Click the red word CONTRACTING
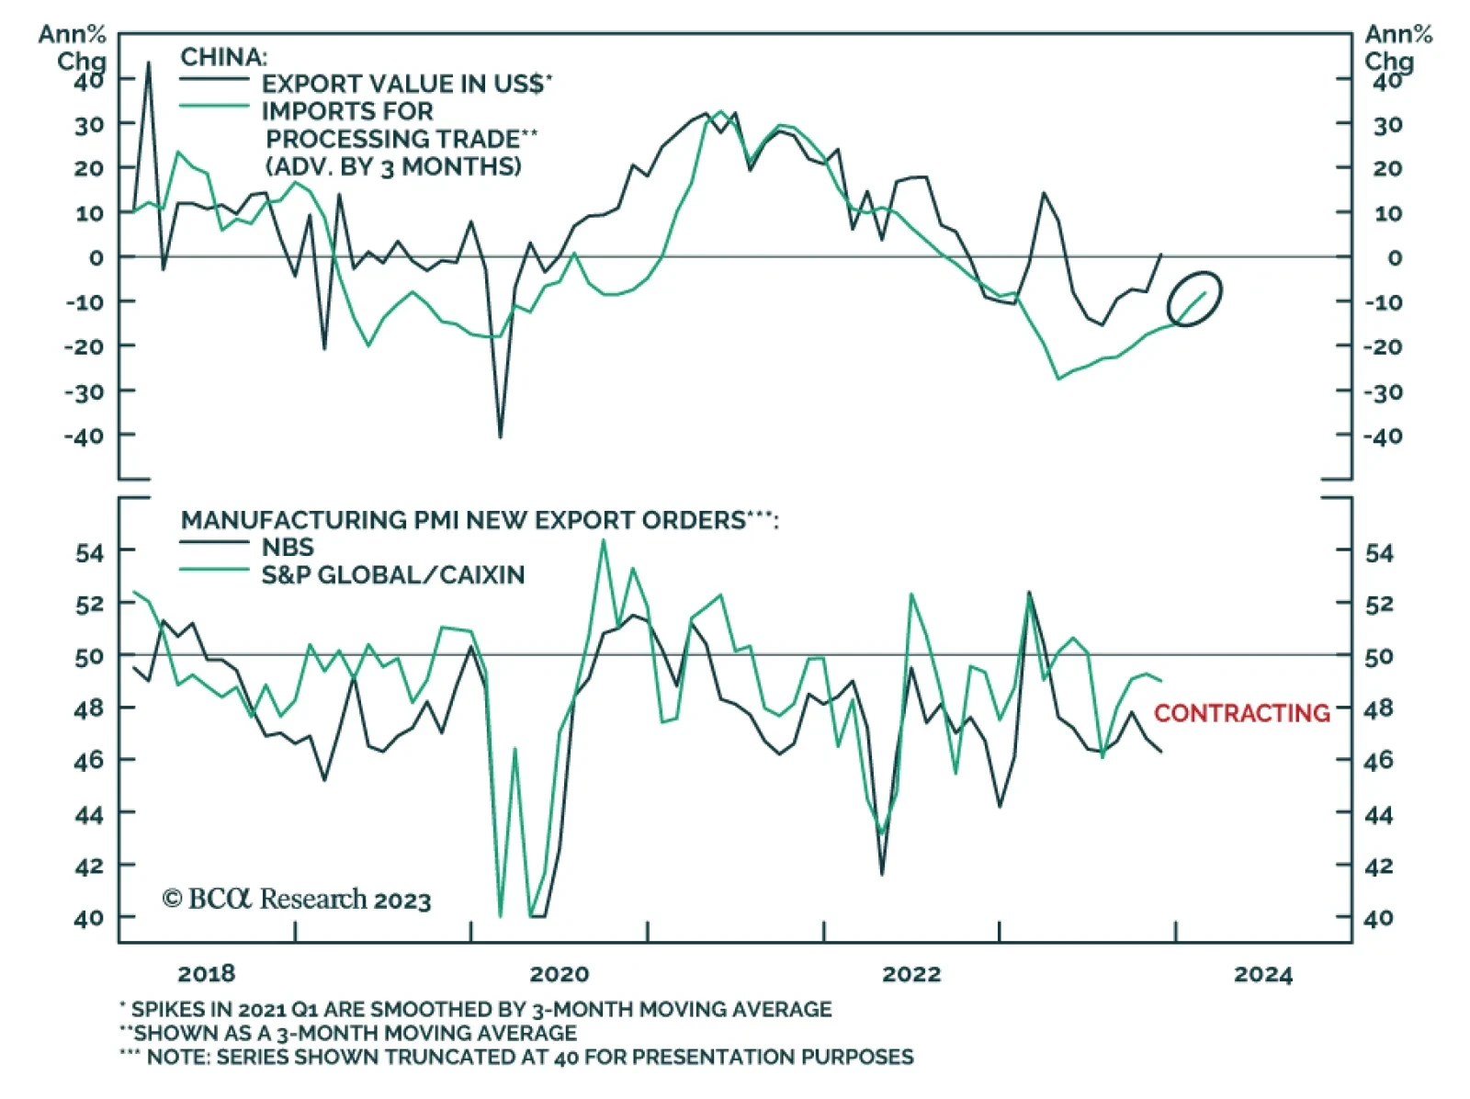1241,712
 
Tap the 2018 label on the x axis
206,974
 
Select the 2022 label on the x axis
911,974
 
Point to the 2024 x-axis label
1263,974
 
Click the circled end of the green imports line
1195,299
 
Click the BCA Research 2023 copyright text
297,899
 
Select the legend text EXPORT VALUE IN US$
407,84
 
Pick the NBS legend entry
288,547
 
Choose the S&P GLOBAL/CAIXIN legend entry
393,575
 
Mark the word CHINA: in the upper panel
223,57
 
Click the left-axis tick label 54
89,552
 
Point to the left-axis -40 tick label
84,436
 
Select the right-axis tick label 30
1386,125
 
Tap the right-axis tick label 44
1378,814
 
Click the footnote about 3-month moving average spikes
476,1009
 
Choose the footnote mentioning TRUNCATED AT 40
516,1057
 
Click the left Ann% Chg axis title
73,48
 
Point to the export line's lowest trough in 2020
501,436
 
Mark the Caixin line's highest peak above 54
604,540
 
